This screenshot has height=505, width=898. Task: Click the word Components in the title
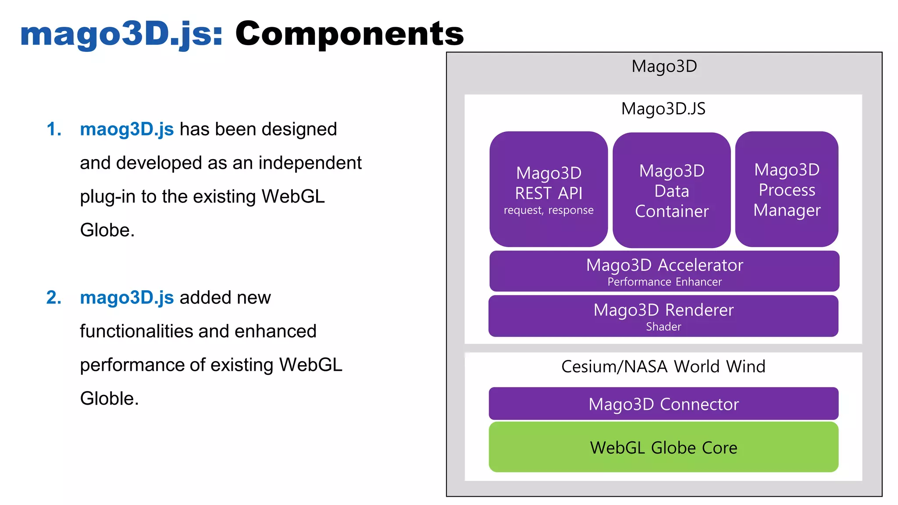pos(349,34)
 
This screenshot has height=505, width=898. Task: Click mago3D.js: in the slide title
pos(121,34)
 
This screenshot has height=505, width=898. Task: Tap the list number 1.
pos(53,129)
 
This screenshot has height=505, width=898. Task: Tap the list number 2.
pos(53,298)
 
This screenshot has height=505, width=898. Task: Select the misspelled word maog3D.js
pos(127,129)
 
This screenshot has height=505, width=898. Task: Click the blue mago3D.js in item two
pos(127,298)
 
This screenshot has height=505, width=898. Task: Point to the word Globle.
pos(109,398)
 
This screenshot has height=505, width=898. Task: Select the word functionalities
pos(154,331)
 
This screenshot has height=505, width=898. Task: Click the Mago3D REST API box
pos(549,189)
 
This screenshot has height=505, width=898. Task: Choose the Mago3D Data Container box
pos(671,190)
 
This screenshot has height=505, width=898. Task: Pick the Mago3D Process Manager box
pos(787,189)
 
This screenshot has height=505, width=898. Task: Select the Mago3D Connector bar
pos(663,404)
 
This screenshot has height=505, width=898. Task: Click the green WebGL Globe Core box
pos(663,447)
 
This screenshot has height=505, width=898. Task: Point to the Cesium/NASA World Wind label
pos(663,366)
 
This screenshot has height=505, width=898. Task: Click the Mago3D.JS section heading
pos(663,109)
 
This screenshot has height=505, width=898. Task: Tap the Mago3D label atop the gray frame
pos(664,67)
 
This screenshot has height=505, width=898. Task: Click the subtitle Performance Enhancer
pos(664,282)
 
